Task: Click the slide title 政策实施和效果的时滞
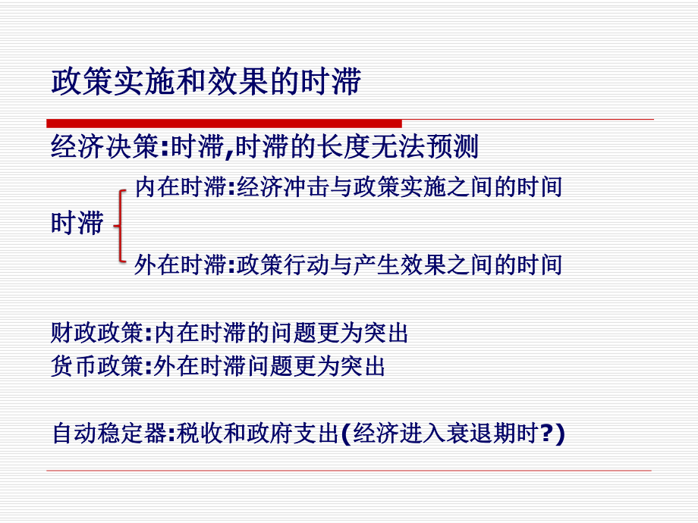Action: (x=206, y=83)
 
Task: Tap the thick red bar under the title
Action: (x=224, y=123)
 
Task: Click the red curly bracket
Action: (x=119, y=225)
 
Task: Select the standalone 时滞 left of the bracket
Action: (x=77, y=224)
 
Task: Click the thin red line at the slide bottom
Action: (x=349, y=471)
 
